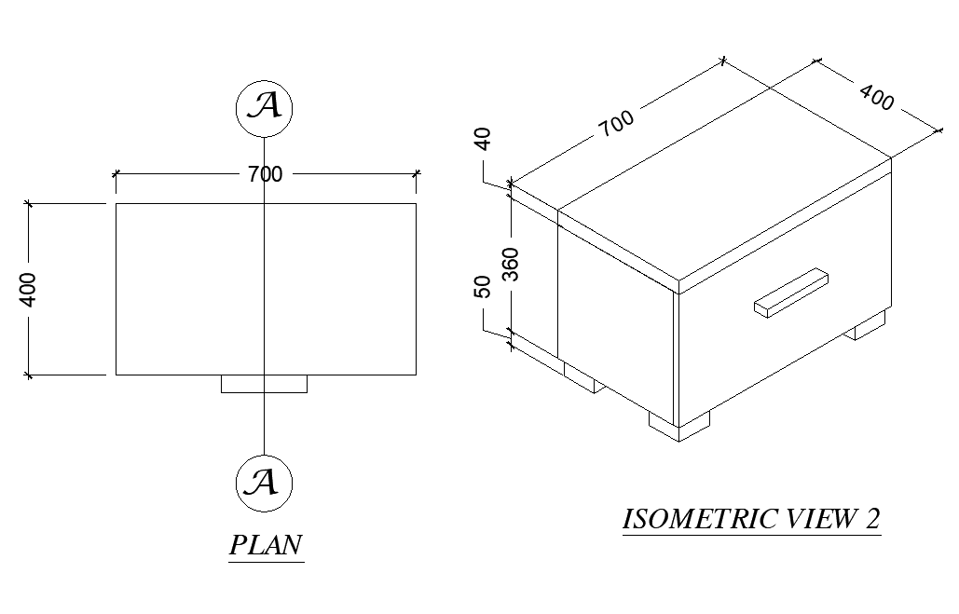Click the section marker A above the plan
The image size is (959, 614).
pos(265,107)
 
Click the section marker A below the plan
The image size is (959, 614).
pos(265,483)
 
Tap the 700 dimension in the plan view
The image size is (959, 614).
pos(265,173)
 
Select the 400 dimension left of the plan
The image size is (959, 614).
pos(28,289)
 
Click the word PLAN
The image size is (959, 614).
pos(267,545)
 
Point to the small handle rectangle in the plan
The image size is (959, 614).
pos(264,384)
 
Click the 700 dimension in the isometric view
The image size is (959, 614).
pos(616,122)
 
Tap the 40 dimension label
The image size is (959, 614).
pos(483,139)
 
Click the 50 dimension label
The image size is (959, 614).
pos(483,287)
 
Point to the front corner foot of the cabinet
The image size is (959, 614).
pos(678,426)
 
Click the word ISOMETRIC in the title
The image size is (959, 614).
pos(691,519)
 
